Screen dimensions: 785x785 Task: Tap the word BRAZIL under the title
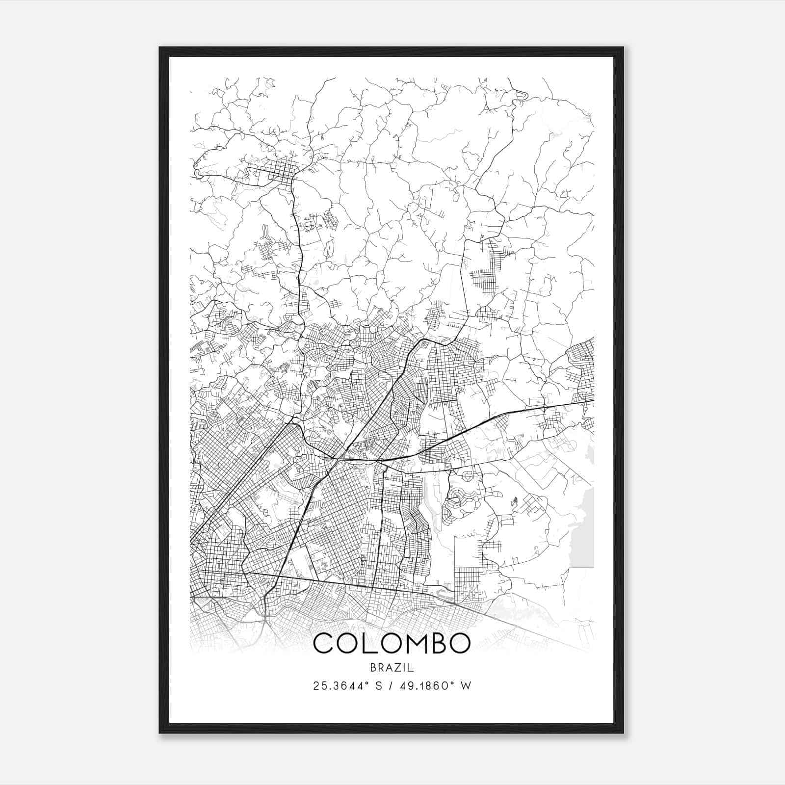coord(392,667)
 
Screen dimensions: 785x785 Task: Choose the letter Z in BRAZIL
coord(398,667)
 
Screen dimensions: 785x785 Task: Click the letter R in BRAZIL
coord(380,667)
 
